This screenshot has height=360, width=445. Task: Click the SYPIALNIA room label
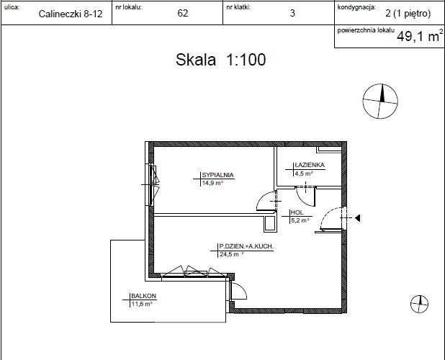click(217, 175)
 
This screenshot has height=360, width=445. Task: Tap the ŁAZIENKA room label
click(310, 165)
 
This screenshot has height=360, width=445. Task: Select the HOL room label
click(297, 212)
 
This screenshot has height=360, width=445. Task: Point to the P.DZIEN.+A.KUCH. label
click(246, 246)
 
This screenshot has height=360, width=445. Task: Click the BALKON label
click(143, 296)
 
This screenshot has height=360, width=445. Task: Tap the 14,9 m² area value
click(212, 183)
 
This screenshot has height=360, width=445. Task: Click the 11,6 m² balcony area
click(142, 304)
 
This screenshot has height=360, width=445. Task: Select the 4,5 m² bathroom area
click(304, 174)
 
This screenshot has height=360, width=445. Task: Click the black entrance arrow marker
click(358, 218)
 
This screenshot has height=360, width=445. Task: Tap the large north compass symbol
click(380, 101)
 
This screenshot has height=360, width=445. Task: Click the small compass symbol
click(420, 304)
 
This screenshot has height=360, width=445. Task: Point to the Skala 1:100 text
click(221, 60)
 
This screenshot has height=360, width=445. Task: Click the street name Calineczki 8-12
click(71, 14)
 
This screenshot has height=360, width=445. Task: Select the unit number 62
click(182, 13)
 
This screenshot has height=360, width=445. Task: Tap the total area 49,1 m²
click(420, 36)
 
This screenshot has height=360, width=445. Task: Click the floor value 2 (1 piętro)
click(408, 14)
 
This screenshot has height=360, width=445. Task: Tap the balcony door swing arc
click(243, 289)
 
